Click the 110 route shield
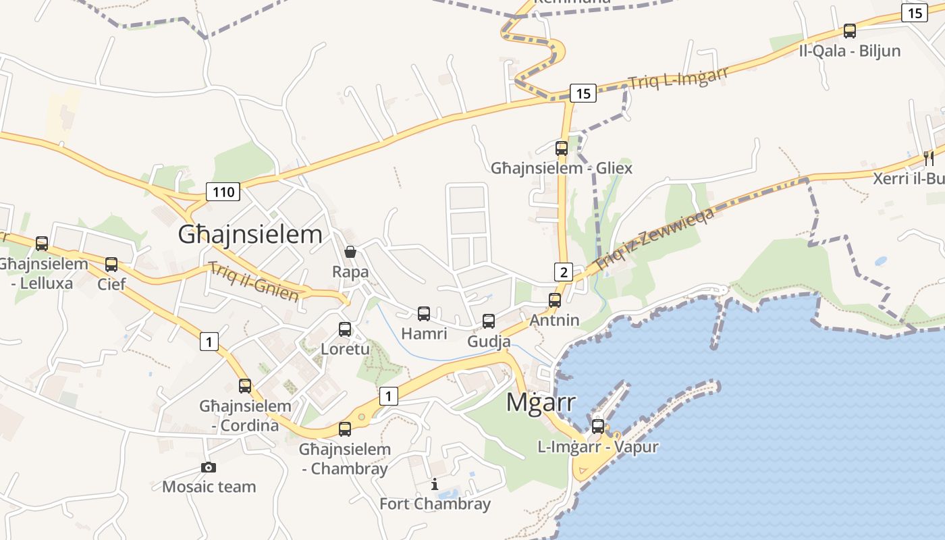tap(223, 192)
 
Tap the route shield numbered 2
tap(564, 272)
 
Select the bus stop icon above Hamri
tap(424, 313)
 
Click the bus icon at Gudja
tap(489, 321)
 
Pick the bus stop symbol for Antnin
tap(555, 300)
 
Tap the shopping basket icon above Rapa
tap(350, 252)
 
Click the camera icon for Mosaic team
tap(209, 467)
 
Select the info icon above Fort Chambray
tap(435, 484)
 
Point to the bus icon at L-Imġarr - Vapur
tap(598, 426)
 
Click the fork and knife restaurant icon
tap(929, 159)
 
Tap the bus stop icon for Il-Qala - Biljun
tap(850, 30)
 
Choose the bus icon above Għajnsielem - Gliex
tap(562, 148)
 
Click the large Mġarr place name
tap(541, 402)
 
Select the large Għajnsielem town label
tap(250, 234)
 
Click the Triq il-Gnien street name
tap(254, 281)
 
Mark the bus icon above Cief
tap(111, 264)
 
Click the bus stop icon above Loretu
tap(345, 329)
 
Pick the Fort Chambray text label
tap(435, 504)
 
